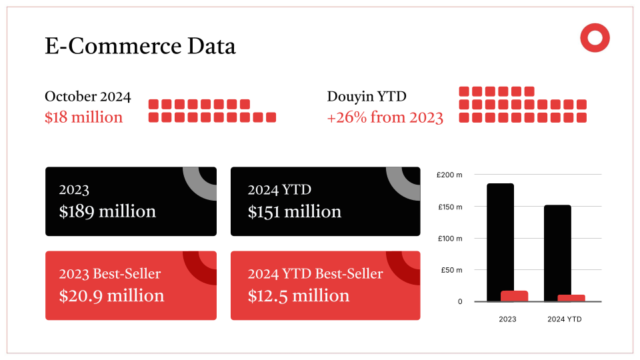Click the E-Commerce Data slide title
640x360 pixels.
(140, 46)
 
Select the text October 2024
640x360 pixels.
(88, 97)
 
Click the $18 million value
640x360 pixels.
(84, 117)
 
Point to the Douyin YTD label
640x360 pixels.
(367, 97)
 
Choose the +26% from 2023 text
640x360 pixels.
(385, 117)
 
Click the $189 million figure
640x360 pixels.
(107, 211)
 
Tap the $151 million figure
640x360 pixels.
(294, 211)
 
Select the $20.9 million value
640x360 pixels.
(111, 295)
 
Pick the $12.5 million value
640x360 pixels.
(298, 295)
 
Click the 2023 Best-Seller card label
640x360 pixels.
(110, 274)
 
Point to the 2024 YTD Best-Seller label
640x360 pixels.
(315, 274)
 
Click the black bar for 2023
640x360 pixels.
(500, 233)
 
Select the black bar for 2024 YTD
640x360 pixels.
(557, 247)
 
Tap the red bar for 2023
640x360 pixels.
(514, 296)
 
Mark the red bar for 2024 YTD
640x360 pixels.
(571, 298)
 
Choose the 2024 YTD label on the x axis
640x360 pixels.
(565, 319)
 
